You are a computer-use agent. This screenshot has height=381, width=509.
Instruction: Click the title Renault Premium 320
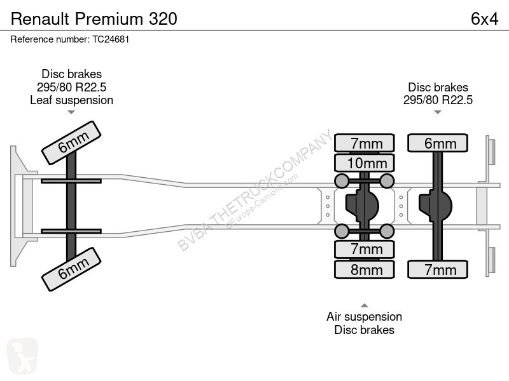tap(94, 19)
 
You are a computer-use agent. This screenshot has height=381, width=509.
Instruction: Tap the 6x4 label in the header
tap(484, 19)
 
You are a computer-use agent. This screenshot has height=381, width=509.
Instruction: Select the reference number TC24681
tap(111, 39)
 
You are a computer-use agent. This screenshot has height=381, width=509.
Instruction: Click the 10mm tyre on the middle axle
tap(365, 163)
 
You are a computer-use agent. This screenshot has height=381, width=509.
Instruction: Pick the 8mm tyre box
tap(365, 269)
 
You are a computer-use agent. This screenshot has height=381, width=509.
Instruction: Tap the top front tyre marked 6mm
tap(71, 143)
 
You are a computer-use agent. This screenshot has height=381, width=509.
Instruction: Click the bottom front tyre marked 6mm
tap(71, 269)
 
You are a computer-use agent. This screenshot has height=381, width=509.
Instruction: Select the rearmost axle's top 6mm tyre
tap(438, 143)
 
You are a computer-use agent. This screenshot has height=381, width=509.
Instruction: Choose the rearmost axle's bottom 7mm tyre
tap(438, 269)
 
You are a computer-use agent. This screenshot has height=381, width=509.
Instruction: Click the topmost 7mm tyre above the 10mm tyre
tap(365, 143)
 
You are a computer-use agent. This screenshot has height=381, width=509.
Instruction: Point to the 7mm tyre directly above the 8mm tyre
tap(365, 250)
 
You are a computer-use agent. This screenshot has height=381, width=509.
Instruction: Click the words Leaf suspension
tap(72, 100)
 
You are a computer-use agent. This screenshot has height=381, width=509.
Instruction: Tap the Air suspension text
tap(364, 316)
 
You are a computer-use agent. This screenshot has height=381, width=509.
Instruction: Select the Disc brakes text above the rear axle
tap(438, 87)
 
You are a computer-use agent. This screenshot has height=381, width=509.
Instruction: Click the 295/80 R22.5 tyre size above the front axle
tap(72, 87)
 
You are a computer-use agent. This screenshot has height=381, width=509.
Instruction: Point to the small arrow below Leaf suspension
tap(71, 112)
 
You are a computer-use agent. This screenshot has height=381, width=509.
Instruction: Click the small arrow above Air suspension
tap(365, 305)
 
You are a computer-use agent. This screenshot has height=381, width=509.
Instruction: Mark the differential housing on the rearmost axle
tap(436, 205)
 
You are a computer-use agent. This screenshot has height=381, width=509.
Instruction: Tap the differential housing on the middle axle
tap(362, 205)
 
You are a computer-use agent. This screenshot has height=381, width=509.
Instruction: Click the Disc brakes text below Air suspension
tap(364, 330)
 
